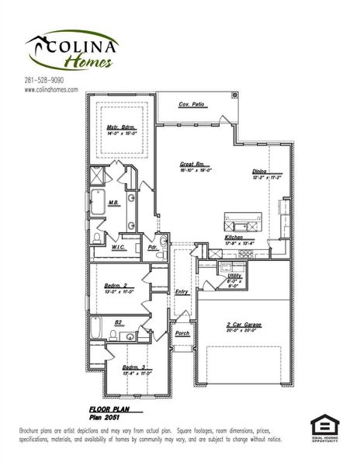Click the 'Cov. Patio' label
click(191, 103)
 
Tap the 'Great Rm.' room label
click(191, 164)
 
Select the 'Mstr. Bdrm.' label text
click(121, 127)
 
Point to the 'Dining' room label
click(260, 172)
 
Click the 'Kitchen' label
click(234, 237)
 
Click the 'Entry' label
click(182, 291)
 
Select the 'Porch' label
click(182, 333)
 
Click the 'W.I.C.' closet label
click(119, 247)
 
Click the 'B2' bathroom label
click(119, 321)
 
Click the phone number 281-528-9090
click(43, 80)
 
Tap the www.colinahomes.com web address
click(51, 89)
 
